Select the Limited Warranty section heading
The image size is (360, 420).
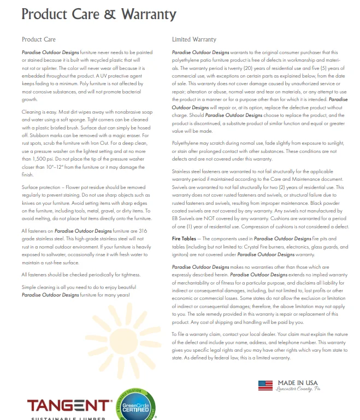coord(194,40)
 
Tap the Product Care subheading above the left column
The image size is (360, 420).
coord(39,40)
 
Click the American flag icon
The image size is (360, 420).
coord(265,386)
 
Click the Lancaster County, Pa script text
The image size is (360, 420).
coord(295,390)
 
